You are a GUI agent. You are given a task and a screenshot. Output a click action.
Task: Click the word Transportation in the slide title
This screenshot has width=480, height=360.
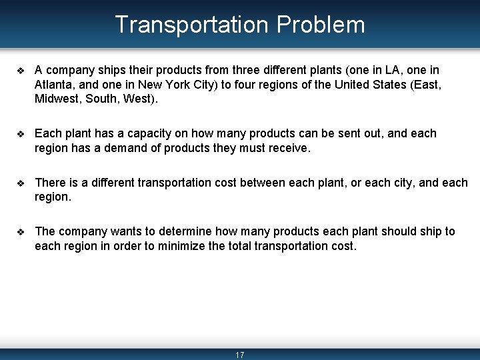pyautogui.click(x=191, y=25)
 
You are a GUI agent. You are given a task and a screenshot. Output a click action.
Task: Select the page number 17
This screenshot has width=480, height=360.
pyautogui.click(x=240, y=355)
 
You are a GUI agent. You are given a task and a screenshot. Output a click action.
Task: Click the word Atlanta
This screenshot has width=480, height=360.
pyautogui.click(x=54, y=85)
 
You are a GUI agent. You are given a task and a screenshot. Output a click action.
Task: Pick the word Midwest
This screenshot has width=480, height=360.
pyautogui.click(x=57, y=99)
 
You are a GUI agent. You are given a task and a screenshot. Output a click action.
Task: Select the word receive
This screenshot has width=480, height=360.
pyautogui.click(x=289, y=148)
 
